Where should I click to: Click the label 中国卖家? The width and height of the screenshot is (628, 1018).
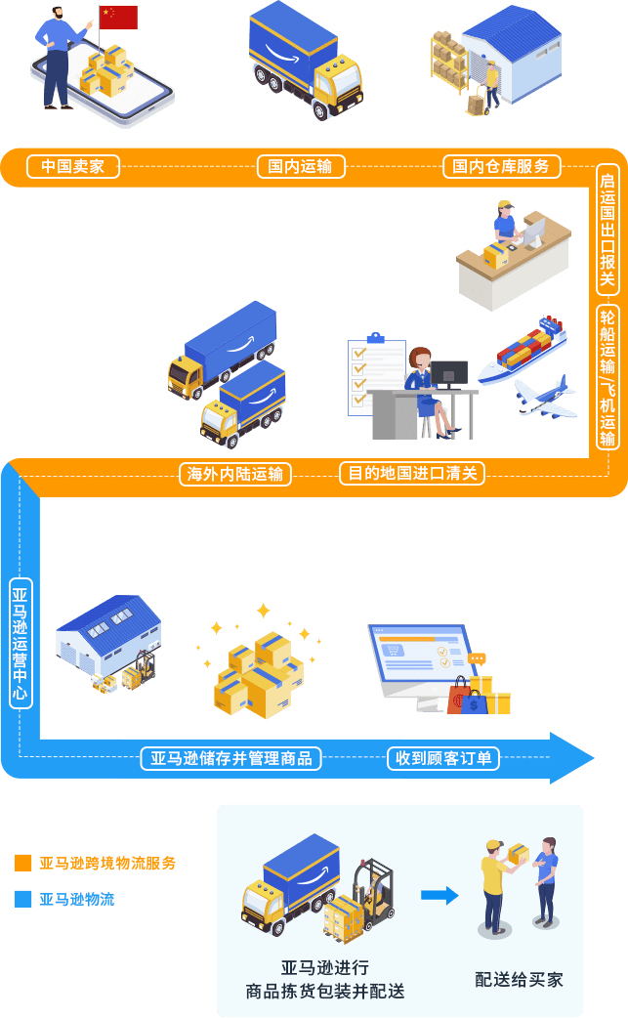(72, 166)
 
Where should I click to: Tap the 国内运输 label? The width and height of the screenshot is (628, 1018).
(301, 166)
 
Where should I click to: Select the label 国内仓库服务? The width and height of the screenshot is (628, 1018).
(501, 166)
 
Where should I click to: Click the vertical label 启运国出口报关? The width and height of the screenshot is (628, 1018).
(607, 230)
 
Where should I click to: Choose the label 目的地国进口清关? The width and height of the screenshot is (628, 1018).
(412, 473)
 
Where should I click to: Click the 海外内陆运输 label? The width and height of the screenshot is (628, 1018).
(234, 474)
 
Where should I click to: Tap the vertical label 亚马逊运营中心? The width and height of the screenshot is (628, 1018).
(21, 644)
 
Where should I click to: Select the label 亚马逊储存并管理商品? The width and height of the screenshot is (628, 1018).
(231, 758)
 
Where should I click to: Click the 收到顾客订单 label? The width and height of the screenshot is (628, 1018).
(443, 758)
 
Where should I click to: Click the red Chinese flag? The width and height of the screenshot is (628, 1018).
(118, 18)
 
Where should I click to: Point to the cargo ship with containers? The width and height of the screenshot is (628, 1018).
(523, 351)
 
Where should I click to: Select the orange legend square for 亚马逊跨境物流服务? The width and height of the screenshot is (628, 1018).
(23, 863)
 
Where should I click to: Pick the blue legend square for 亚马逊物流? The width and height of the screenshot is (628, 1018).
(23, 899)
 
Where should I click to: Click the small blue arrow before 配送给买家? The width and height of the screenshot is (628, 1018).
(440, 895)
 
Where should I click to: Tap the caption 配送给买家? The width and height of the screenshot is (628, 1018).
(519, 979)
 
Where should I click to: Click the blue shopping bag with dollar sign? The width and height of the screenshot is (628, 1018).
(474, 702)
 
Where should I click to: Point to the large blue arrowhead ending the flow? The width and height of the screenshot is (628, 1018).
(571, 758)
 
